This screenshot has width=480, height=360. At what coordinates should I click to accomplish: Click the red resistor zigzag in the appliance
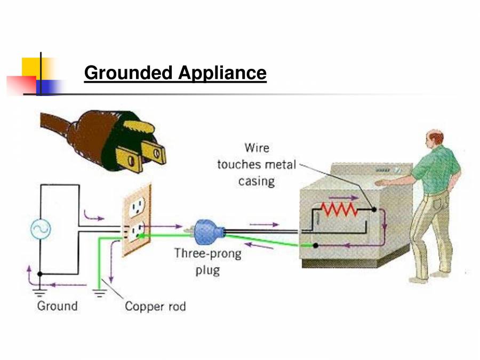[x=339, y=209]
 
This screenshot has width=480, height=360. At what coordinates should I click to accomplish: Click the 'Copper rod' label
[x=155, y=307]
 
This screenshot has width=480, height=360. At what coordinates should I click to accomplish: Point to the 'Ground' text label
[x=57, y=306]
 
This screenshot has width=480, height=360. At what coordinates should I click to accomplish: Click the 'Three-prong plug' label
[x=207, y=261]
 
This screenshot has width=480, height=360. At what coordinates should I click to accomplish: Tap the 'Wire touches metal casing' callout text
[x=256, y=164]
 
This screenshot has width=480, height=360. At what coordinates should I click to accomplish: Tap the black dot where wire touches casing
[x=374, y=210]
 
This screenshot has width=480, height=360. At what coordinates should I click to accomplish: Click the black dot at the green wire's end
[x=316, y=245]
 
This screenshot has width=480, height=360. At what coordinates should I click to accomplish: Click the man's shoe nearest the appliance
[x=419, y=278]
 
